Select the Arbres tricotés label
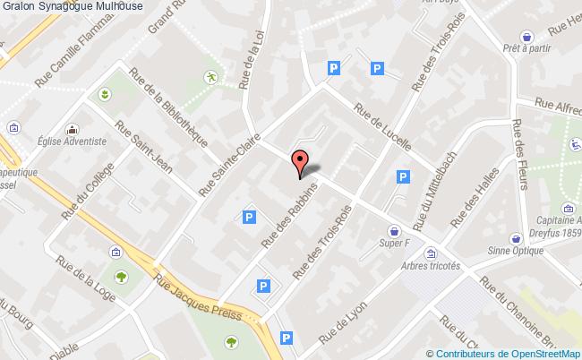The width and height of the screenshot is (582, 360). point(431,266)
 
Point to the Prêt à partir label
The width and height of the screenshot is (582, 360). point(526,48)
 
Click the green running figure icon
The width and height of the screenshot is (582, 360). point(210,77)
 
